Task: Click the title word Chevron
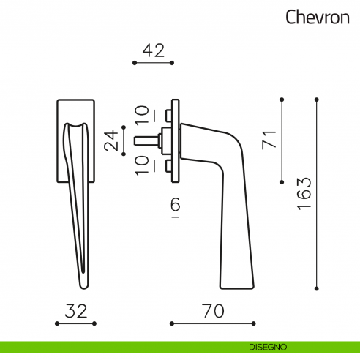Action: (317, 17)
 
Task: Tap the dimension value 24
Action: (111, 140)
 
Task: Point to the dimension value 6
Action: (174, 206)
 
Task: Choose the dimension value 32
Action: (75, 310)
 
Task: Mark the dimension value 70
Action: (212, 310)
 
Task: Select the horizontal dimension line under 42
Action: (152, 64)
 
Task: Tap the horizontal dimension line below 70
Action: (212, 323)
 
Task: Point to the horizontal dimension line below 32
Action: (75, 323)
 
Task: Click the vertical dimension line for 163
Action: (317, 193)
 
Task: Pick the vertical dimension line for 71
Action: (282, 139)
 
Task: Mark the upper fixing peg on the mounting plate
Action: (168, 115)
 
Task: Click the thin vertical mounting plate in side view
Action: (174, 139)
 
